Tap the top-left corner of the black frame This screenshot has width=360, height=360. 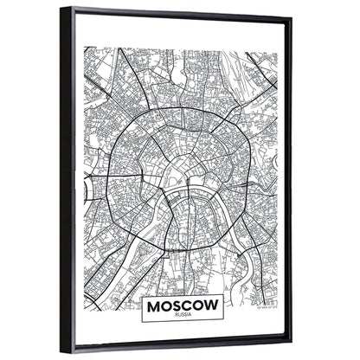(x=61, y=10)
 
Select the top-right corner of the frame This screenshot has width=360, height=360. (x=289, y=17)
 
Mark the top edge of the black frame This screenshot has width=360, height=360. (x=173, y=12)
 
